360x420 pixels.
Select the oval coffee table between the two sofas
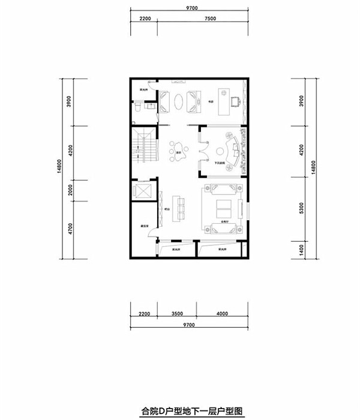179,101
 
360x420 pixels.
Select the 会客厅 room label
226,221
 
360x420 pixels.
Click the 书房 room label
211,103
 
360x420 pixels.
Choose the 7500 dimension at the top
209,19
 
